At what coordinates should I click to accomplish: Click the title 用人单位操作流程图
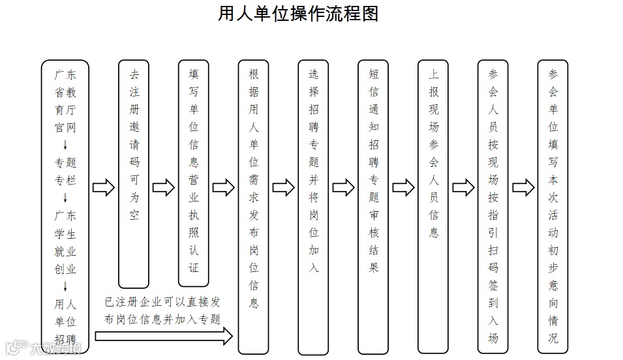(298, 14)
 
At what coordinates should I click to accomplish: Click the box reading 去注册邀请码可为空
(134, 173)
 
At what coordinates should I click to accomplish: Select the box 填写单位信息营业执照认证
(194, 173)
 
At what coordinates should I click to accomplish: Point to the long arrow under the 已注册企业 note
(164, 336)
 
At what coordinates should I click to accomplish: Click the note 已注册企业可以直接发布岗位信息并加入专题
(162, 311)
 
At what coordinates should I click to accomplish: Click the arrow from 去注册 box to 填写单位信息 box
(164, 188)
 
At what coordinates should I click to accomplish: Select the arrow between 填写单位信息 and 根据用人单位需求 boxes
(224, 188)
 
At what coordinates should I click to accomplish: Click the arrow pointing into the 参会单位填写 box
(523, 188)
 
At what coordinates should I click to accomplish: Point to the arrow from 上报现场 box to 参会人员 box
(463, 188)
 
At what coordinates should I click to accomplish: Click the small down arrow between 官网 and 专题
(65, 145)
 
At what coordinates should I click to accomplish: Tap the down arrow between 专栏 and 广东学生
(65, 198)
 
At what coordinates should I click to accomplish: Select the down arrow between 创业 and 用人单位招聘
(65, 286)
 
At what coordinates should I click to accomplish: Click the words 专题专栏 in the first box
(65, 172)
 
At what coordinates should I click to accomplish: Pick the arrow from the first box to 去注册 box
(104, 188)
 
